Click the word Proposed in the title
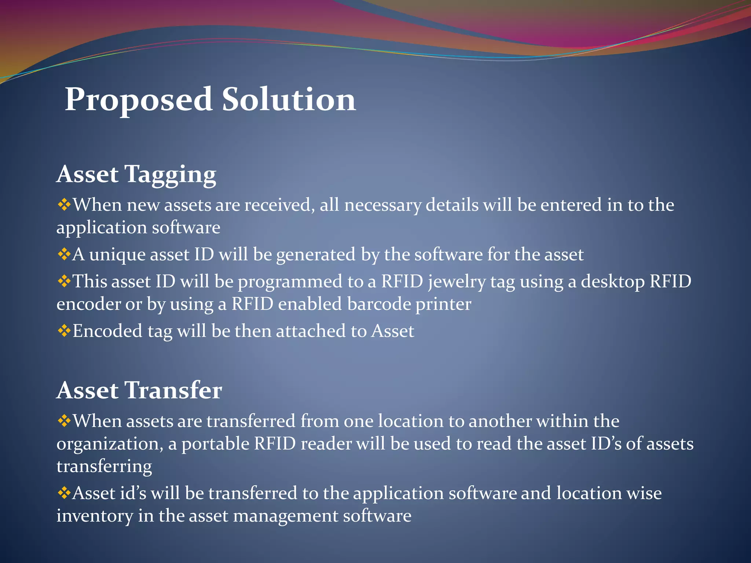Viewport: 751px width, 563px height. click(x=139, y=100)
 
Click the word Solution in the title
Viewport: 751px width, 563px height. click(x=289, y=100)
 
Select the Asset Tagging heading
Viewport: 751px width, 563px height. click(x=136, y=174)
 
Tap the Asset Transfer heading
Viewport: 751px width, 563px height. click(x=139, y=390)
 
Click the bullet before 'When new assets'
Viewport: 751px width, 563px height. click(x=64, y=205)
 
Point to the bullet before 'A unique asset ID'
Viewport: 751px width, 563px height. click(x=64, y=254)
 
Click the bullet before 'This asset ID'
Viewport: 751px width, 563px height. click(x=64, y=281)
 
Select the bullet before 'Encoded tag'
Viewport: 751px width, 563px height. click(x=64, y=331)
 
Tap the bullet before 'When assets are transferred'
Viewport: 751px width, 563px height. click(x=64, y=421)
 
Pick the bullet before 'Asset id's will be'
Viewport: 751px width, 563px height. click(x=64, y=493)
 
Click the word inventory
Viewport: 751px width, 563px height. click(x=95, y=516)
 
